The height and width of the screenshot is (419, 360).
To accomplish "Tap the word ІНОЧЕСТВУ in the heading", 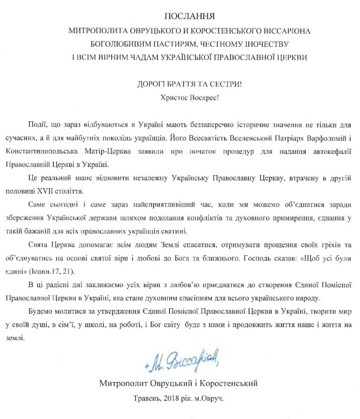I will (x=267, y=44).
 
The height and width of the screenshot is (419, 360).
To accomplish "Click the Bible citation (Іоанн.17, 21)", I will (x=52, y=272).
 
